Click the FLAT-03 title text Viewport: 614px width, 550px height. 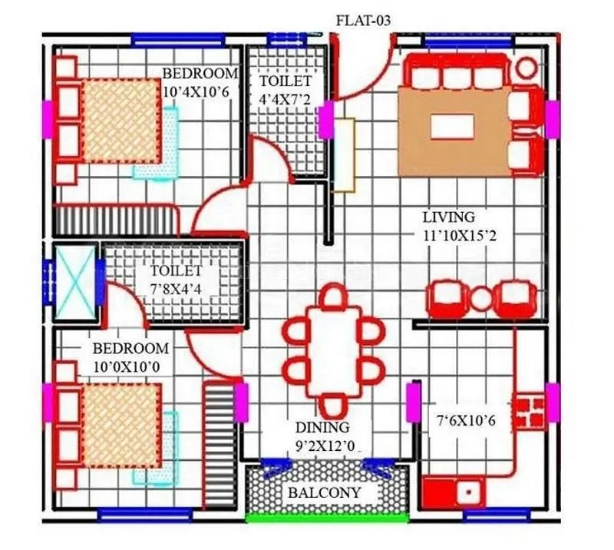(363, 21)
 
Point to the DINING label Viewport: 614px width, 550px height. (322, 427)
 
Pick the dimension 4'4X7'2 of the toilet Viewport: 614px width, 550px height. (285, 99)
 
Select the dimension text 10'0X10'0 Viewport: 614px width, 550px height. (126, 366)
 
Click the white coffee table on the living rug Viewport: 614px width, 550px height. (451, 125)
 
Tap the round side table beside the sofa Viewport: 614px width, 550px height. (526, 68)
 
